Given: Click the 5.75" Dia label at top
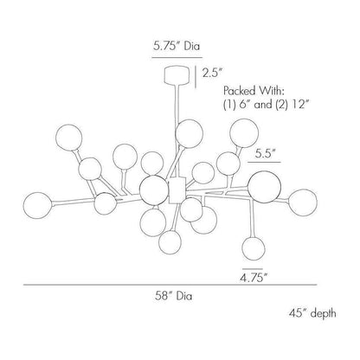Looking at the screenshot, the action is [x=177, y=46].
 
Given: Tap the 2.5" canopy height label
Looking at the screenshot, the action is [x=213, y=73].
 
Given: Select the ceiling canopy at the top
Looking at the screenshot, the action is [x=177, y=75].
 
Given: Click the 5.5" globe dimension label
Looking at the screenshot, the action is [x=264, y=154].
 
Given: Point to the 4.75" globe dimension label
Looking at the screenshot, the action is [x=253, y=279].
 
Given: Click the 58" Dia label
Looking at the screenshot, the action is [x=174, y=296].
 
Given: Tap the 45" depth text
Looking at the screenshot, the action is [x=312, y=312].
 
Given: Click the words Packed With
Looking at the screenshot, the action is [x=254, y=91].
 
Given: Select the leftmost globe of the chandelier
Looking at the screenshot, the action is [x=38, y=205].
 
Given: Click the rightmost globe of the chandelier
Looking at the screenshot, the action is [x=303, y=202].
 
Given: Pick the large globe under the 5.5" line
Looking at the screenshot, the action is [x=264, y=187].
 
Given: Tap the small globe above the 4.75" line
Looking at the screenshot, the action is [x=254, y=248].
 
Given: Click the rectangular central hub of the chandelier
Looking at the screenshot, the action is [x=177, y=190].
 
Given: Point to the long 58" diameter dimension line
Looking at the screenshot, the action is [x=170, y=285].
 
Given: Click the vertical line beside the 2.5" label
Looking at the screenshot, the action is [x=196, y=77].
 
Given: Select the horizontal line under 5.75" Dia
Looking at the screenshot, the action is [x=177, y=58].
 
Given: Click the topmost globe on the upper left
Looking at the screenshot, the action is [x=69, y=138].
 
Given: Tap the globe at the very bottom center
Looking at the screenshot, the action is [x=170, y=242].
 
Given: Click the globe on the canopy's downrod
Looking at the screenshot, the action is [x=189, y=134].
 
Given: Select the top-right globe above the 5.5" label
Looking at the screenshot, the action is [x=244, y=133].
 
